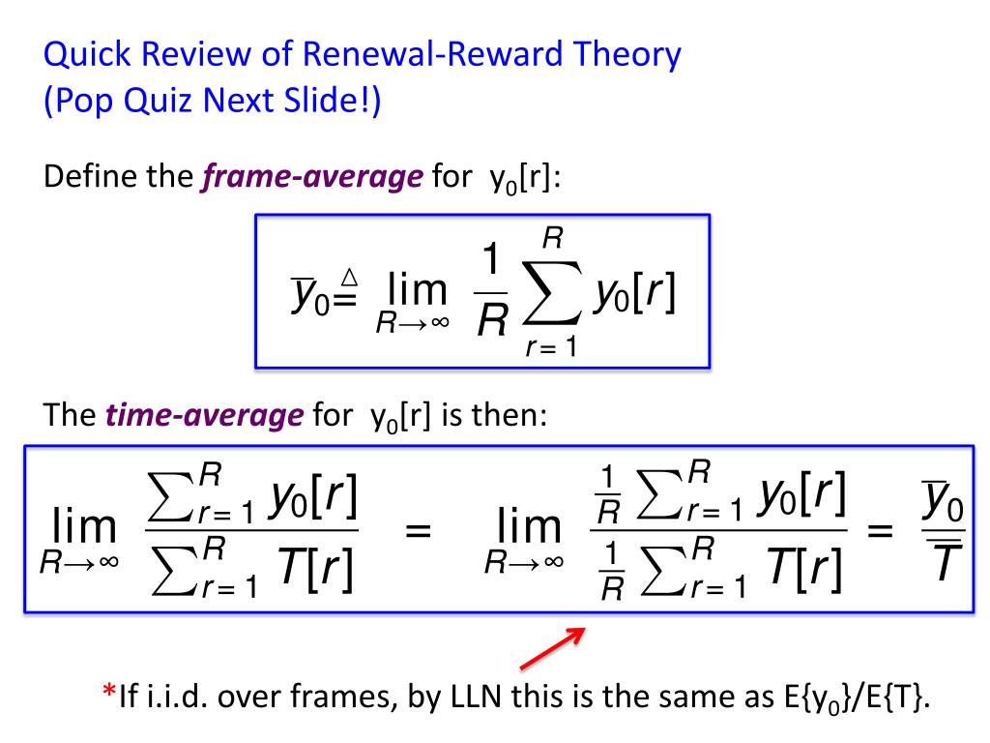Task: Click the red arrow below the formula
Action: point(554,648)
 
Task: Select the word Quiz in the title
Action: point(159,102)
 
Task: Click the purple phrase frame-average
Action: point(312,179)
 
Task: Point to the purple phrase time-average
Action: point(204,417)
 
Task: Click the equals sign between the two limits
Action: point(419,531)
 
